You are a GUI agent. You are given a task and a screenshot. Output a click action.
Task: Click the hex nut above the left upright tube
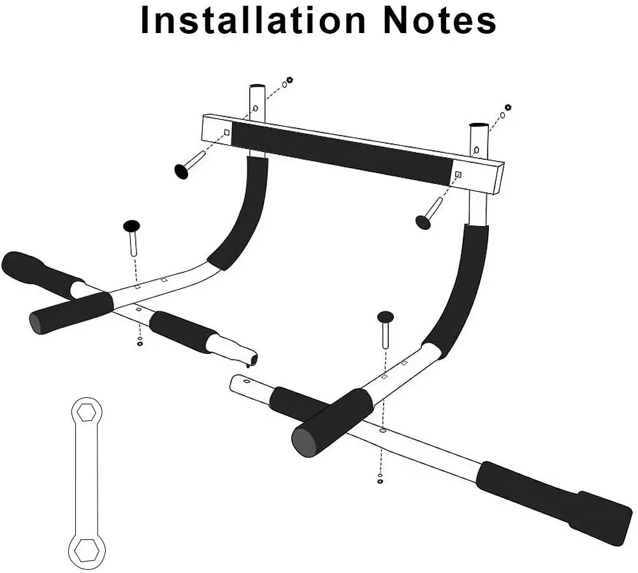point(289,80)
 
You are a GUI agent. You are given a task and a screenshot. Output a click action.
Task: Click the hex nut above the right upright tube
point(508,107)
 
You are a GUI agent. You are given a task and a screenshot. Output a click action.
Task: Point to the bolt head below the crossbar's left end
point(182,171)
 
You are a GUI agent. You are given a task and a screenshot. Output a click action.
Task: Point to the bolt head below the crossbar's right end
point(423,222)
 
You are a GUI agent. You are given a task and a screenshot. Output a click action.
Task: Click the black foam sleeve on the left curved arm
point(241,213)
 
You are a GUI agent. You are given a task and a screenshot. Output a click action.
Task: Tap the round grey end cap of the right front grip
point(303,441)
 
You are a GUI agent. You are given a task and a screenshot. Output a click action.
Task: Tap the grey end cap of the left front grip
point(38,323)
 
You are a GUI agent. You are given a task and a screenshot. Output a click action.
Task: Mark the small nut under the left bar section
point(140,344)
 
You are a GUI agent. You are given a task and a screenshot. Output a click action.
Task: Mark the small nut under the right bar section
point(381,481)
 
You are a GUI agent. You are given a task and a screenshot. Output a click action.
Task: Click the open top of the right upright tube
point(479,125)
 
